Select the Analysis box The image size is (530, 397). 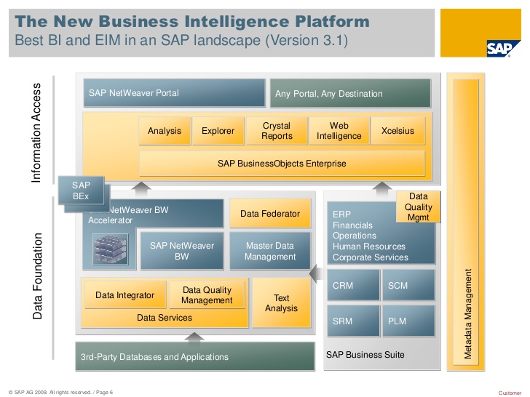coord(164,131)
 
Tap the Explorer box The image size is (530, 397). coord(218,131)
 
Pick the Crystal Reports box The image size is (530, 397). coord(277,131)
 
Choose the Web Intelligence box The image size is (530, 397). coord(339,131)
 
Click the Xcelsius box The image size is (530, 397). coord(398,131)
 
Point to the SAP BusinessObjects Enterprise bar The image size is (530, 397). coord(282,164)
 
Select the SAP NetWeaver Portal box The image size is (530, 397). coord(174,93)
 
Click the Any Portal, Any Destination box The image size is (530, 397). coord(350,94)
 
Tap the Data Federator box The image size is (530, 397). coord(270,214)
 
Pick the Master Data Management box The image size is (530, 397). coord(270,251)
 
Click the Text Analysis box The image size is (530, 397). coord(281,303)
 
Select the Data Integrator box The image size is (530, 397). coord(125,295)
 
